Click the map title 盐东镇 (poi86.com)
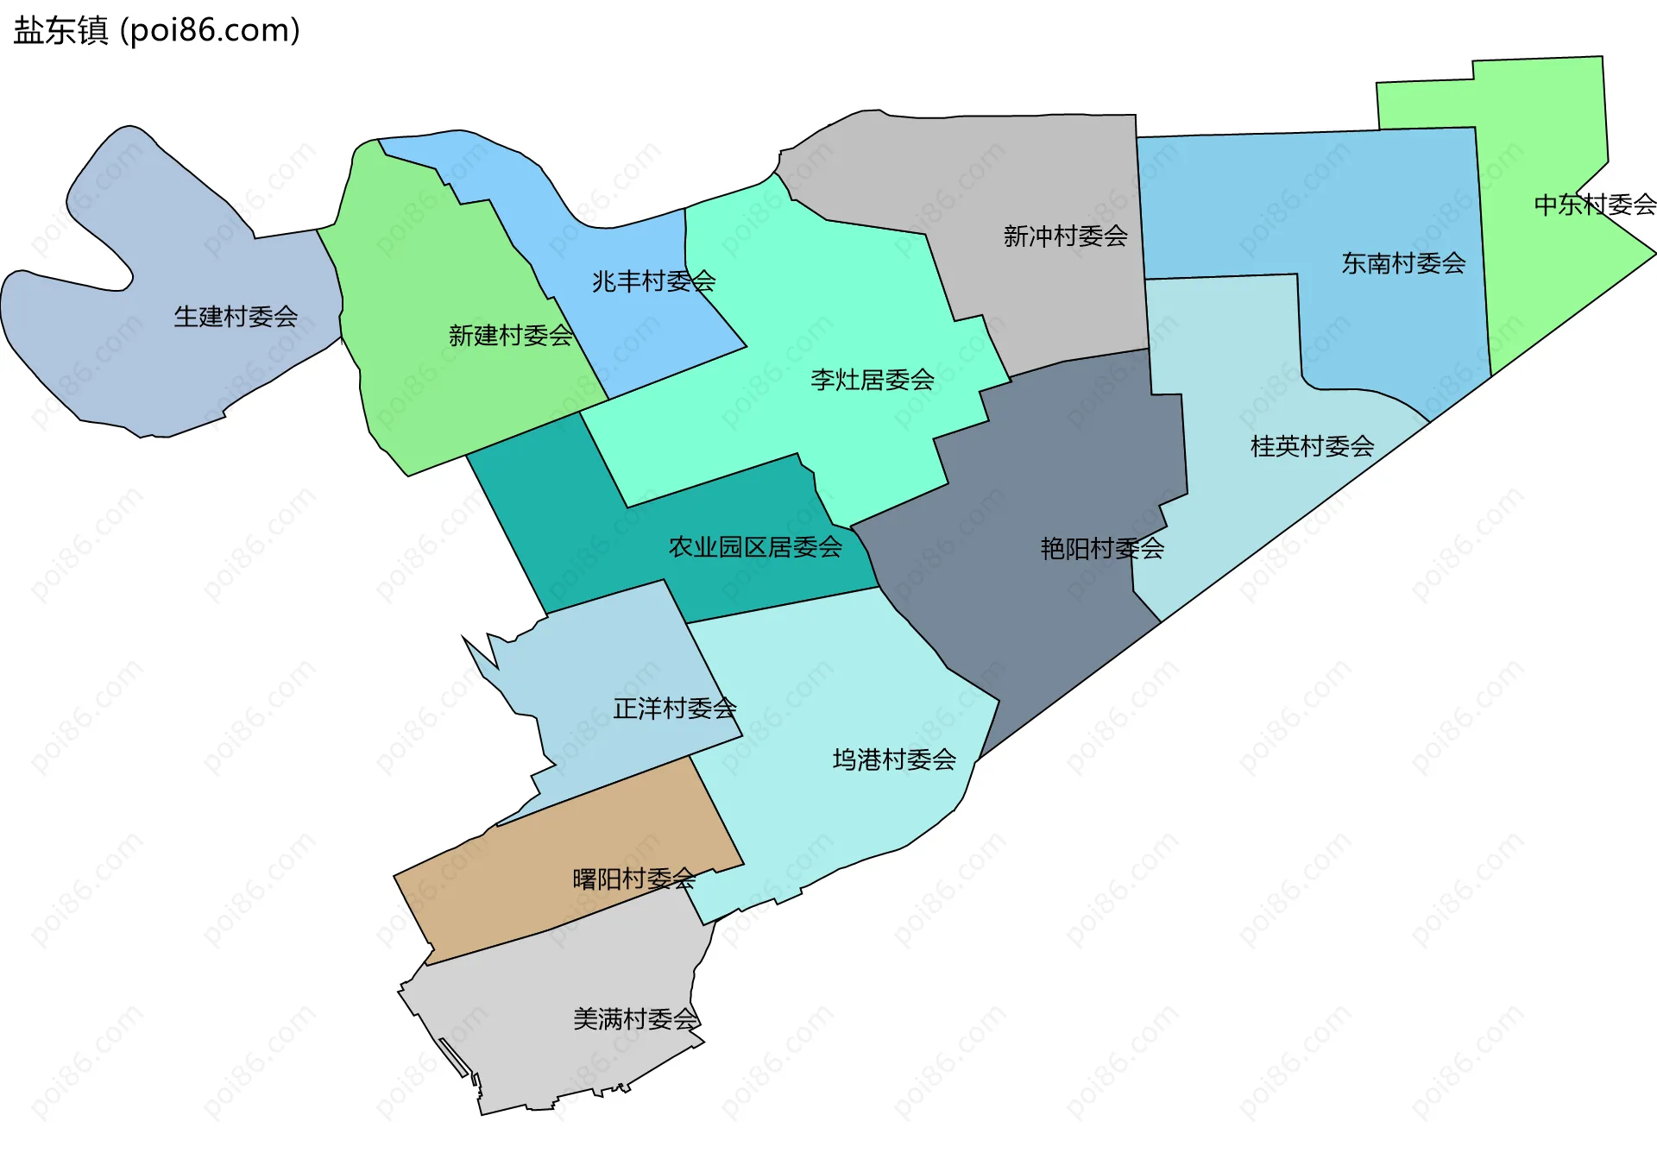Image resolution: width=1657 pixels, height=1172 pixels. [156, 30]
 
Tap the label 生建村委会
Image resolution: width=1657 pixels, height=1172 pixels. [236, 317]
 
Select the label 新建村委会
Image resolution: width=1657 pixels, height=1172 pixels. [510, 336]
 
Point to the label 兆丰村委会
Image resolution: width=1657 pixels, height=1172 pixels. [653, 281]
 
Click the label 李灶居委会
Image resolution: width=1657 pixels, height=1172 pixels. [872, 380]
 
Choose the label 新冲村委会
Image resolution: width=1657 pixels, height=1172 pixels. [1065, 236]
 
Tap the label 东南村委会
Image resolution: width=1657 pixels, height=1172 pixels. [1403, 263]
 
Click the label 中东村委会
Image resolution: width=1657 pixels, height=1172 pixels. [1595, 205]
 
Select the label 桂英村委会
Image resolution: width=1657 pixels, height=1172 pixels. [1312, 446]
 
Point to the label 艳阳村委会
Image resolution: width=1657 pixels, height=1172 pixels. [1102, 548]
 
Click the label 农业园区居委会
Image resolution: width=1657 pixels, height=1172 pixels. [755, 547]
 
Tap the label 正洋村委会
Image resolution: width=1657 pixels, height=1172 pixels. [674, 709]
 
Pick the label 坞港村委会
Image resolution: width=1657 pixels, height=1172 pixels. [894, 759]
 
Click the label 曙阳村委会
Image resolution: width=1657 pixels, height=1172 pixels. [633, 879]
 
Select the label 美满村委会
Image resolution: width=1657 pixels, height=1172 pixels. [635, 1019]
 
